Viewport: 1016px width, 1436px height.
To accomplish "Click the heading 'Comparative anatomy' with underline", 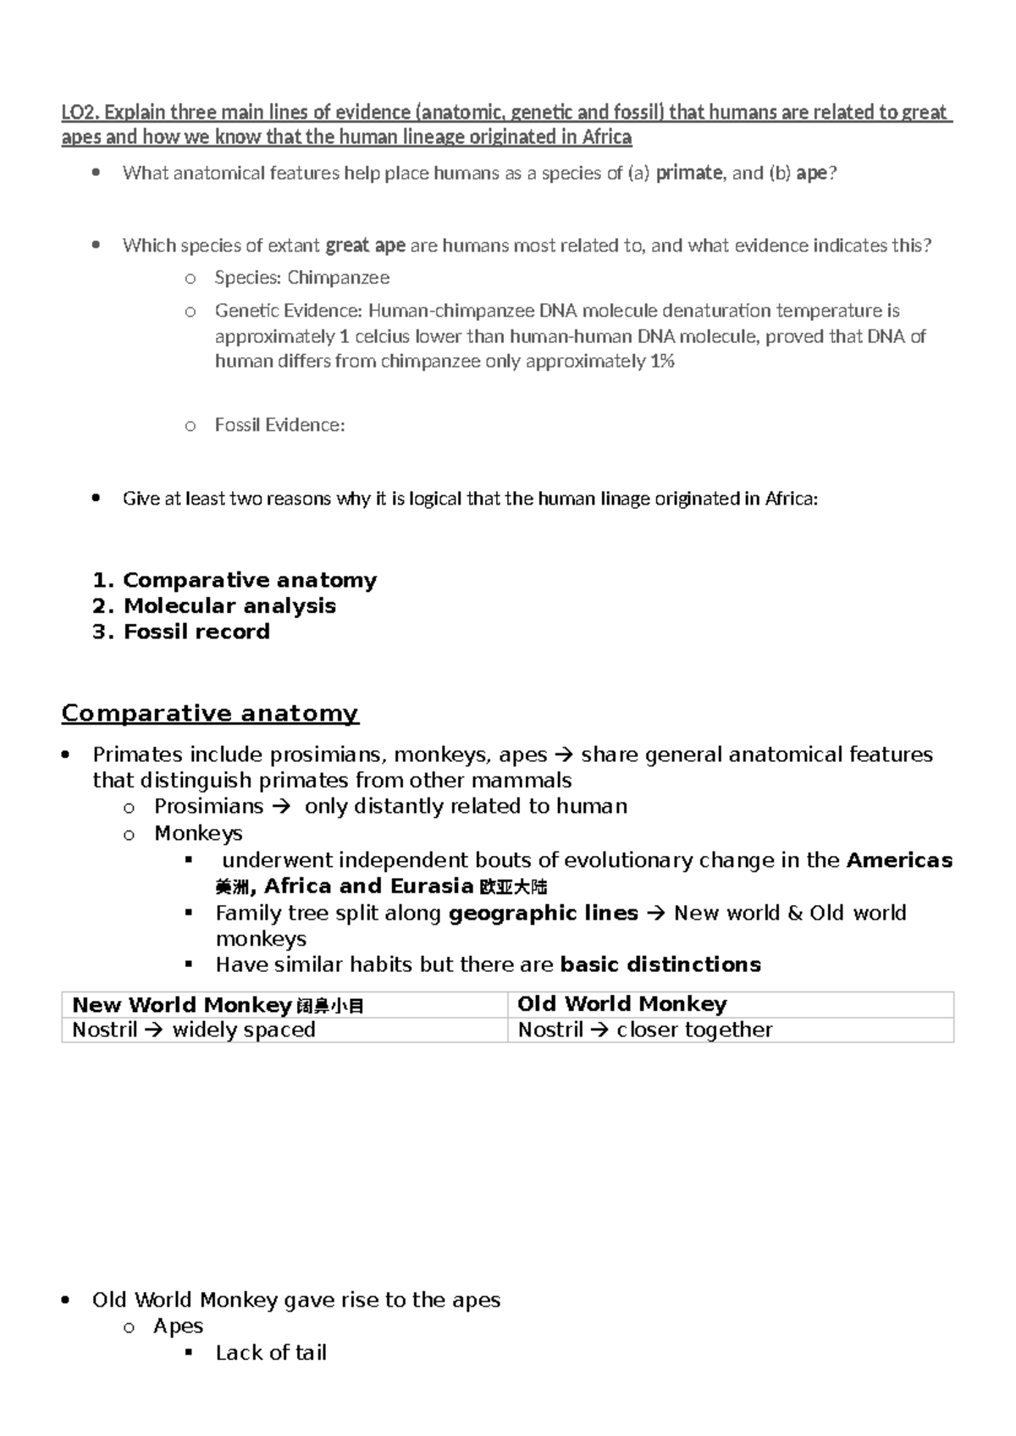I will coord(210,713).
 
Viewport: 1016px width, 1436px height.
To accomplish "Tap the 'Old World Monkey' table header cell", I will coord(621,1004).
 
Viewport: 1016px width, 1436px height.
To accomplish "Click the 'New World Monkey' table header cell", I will coord(182,1005).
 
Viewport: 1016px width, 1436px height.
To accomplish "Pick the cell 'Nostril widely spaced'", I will coord(193,1030).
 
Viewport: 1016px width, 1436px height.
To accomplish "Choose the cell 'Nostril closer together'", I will coord(644,1030).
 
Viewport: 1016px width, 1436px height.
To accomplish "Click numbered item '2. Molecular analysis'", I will coord(214,606).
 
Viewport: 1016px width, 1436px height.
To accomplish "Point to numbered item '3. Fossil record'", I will coord(181,632).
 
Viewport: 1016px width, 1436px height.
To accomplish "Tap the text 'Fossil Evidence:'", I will coord(279,425).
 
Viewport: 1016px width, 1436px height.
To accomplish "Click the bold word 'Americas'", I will coord(899,860).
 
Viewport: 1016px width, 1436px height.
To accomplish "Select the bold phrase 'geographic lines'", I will coord(543,913).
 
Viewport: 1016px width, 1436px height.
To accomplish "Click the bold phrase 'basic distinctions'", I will coord(660,964).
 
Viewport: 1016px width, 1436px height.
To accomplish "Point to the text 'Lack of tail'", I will coord(271,1352).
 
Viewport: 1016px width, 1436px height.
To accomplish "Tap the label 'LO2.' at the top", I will coord(80,112).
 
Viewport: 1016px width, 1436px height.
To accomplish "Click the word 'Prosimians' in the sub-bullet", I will coord(208,806).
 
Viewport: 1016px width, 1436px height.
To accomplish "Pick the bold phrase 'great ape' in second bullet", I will coord(365,246).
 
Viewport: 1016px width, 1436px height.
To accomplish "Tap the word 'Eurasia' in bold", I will coord(432,886).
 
